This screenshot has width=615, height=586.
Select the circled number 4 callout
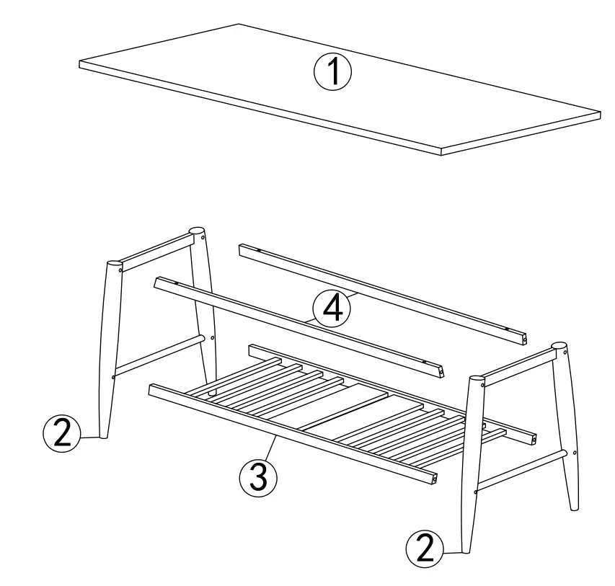(x=330, y=309)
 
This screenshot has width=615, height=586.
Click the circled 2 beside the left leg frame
(x=62, y=434)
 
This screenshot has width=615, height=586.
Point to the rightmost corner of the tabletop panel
(x=599, y=112)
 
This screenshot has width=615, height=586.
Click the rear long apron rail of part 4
(x=382, y=292)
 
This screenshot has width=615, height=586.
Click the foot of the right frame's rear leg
(x=574, y=506)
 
